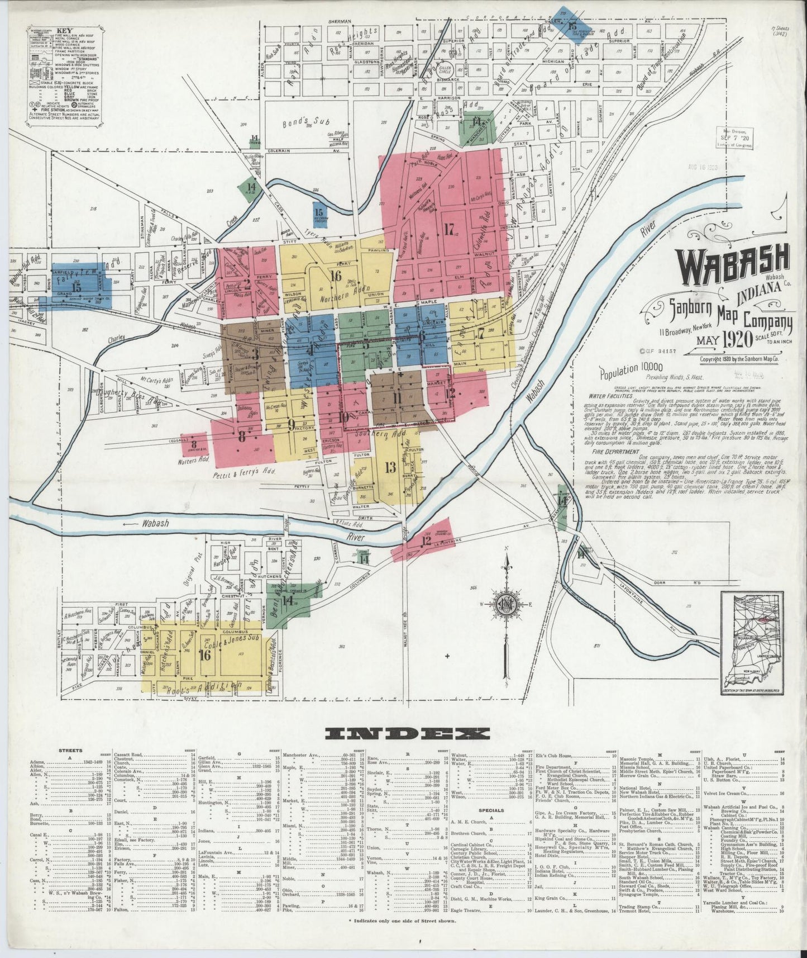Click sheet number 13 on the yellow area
pos(390,467)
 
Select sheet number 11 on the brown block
pos(397,398)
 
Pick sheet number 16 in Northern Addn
pos(335,275)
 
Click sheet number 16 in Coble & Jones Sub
pos(204,655)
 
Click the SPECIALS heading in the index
pos(491,810)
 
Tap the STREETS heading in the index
pos(71,751)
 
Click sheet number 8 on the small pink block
pos(194,442)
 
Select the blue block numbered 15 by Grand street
pos(77,287)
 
